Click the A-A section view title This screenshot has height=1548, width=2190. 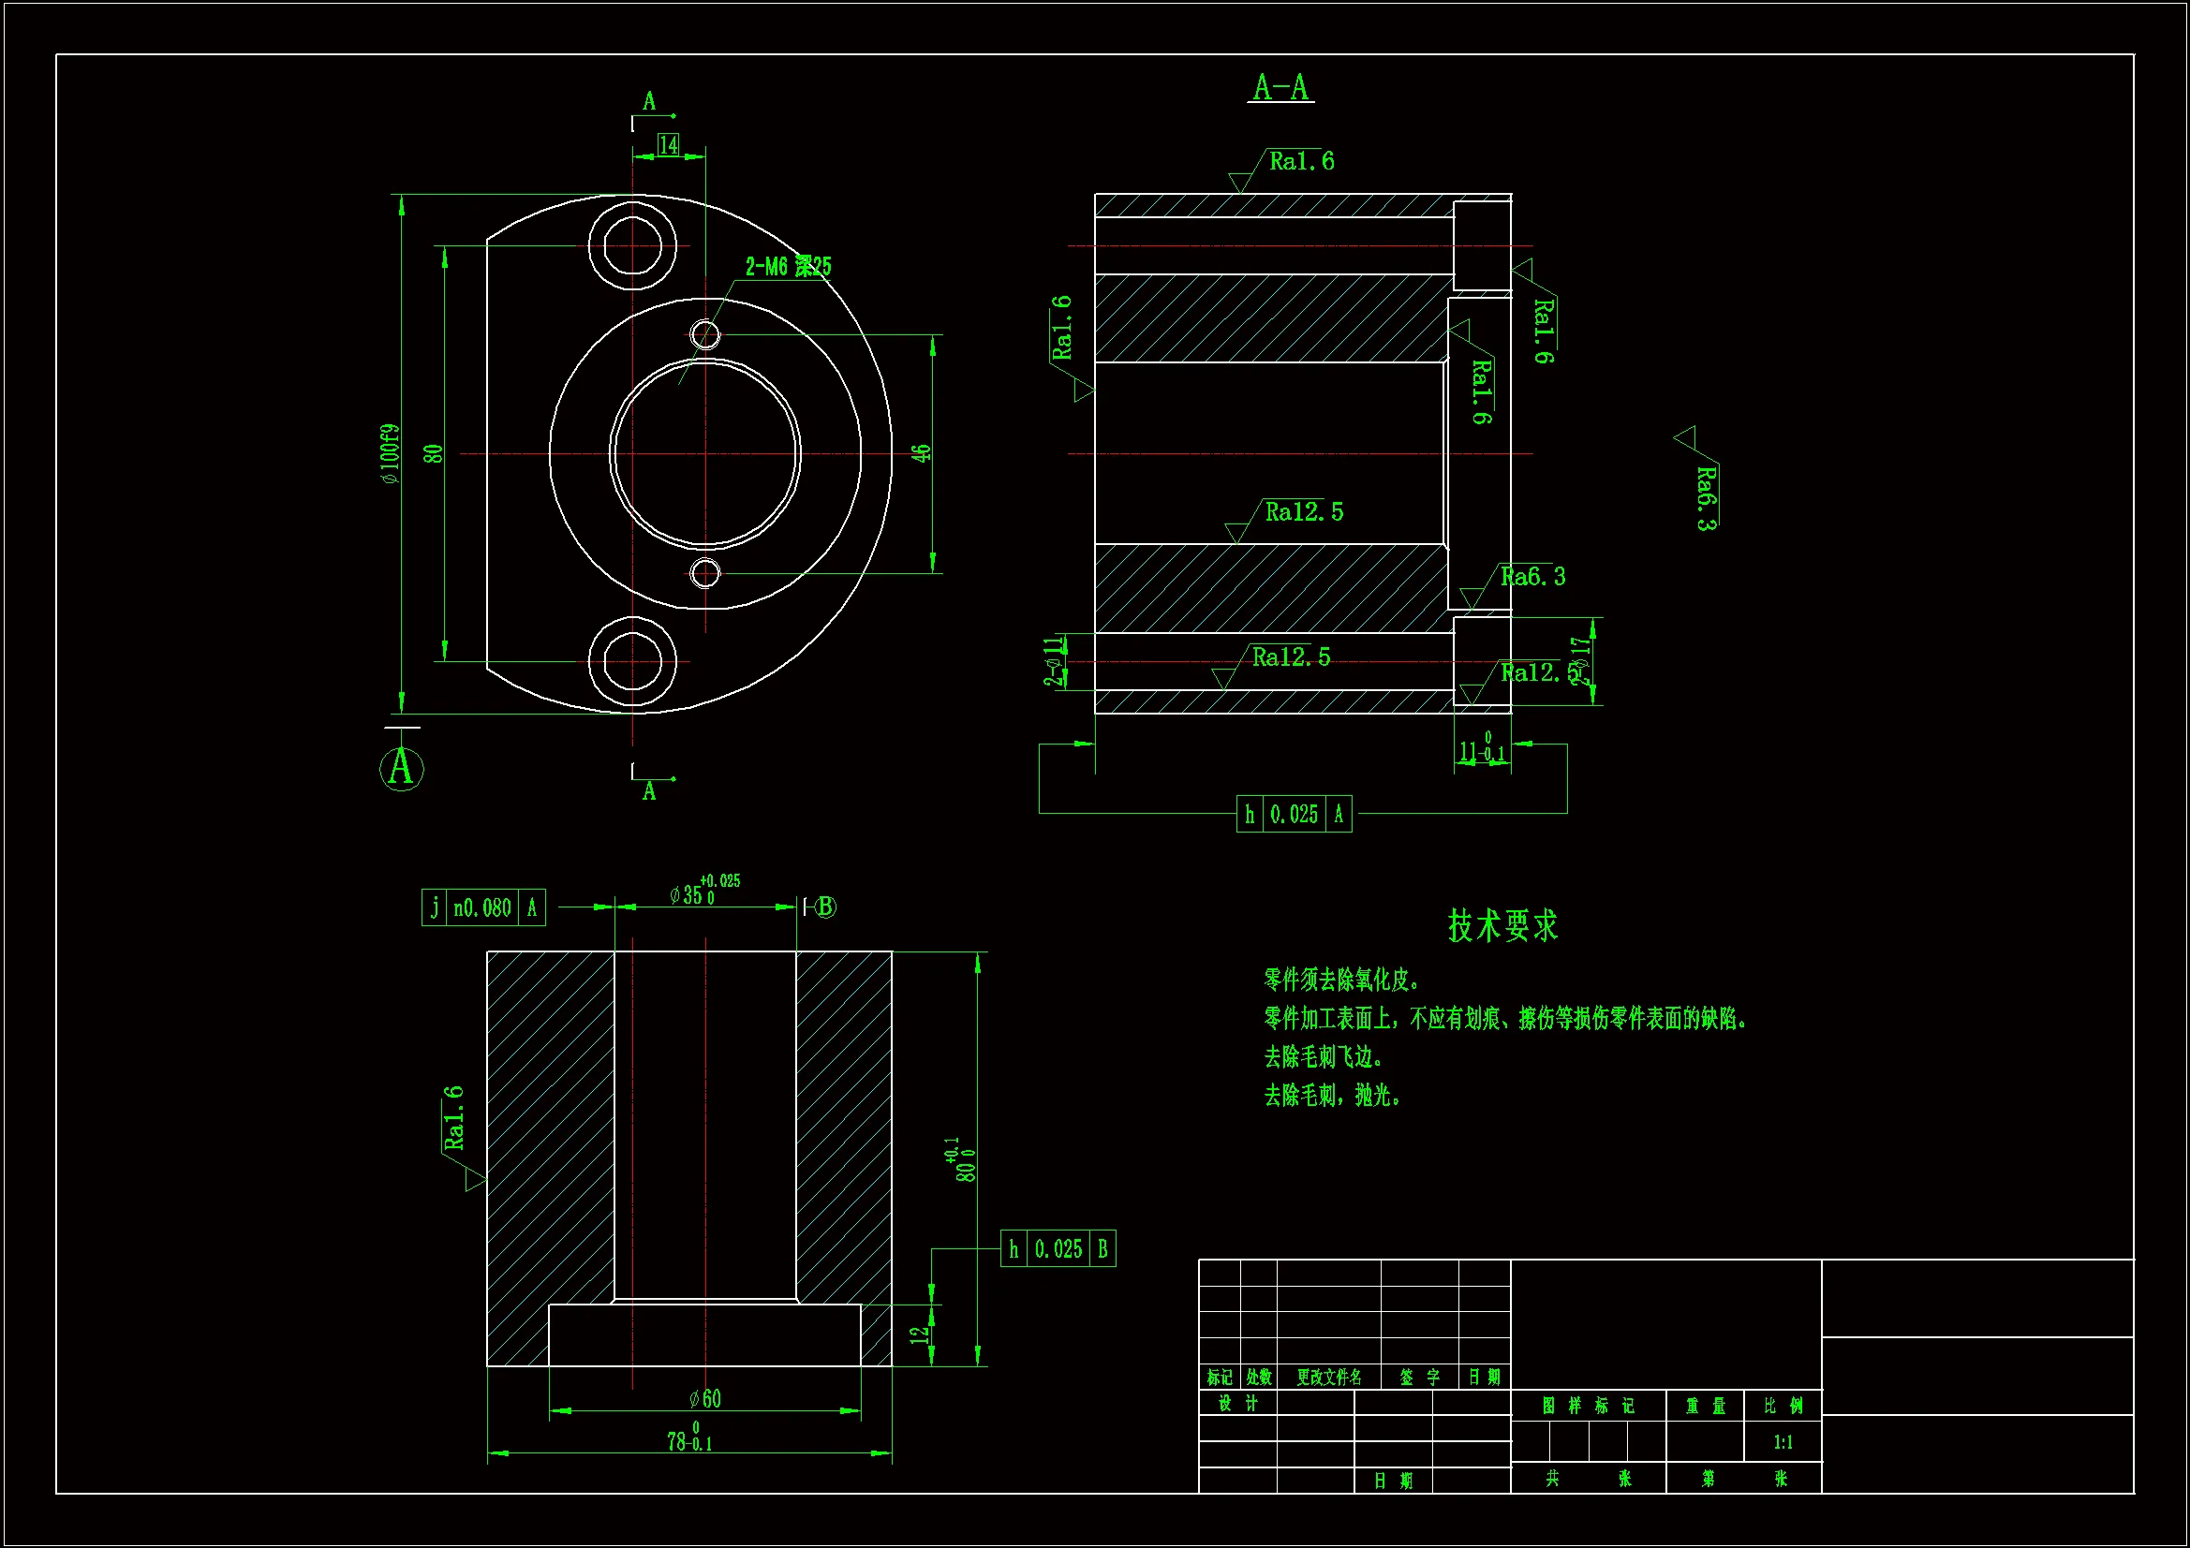1281,88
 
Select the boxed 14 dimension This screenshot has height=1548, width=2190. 669,145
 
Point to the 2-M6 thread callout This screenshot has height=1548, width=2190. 788,266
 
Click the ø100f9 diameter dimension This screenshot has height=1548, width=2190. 390,454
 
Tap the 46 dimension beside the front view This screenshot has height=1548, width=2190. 921,453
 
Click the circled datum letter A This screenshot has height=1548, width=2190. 402,768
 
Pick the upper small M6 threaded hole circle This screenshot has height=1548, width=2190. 705,334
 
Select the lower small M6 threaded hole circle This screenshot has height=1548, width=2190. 705,573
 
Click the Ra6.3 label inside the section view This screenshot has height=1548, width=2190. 1532,576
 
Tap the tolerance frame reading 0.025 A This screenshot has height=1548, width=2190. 1294,815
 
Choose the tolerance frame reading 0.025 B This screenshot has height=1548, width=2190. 1058,1248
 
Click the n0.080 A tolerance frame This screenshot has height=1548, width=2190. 483,908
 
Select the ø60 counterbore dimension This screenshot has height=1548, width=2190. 706,1398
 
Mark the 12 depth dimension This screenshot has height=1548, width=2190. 920,1334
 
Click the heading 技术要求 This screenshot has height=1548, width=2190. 1502,925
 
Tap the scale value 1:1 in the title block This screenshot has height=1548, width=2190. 1783,1442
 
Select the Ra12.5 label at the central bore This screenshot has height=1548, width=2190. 1303,512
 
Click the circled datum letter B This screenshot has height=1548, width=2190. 826,907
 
